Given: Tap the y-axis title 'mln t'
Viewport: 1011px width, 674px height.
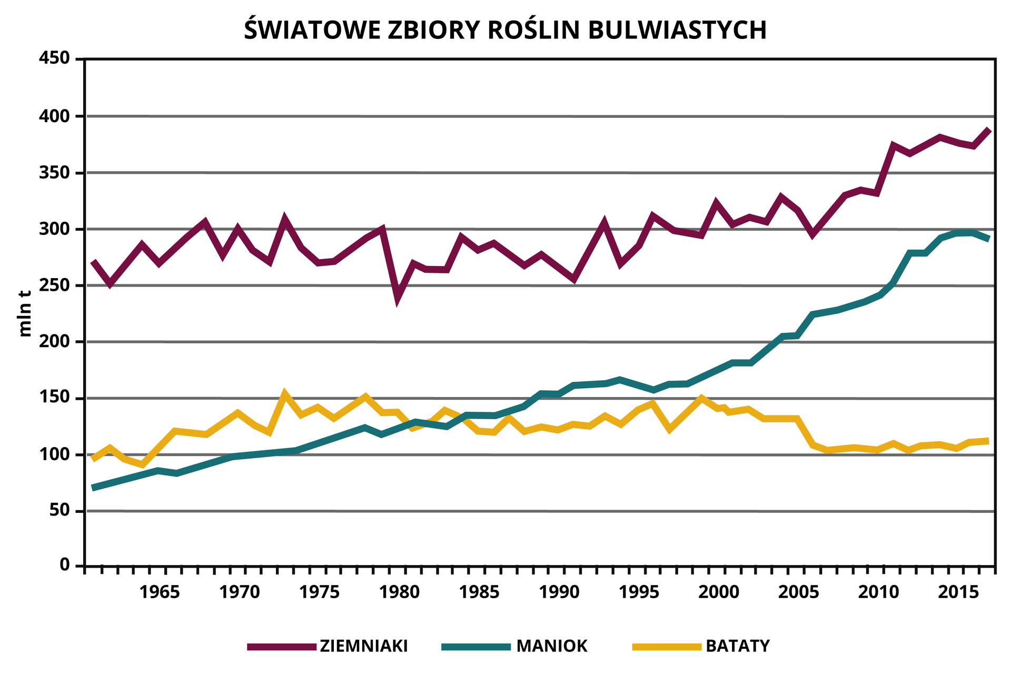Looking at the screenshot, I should (x=25, y=314).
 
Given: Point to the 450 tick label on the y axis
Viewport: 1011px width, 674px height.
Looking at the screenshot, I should (x=55, y=58).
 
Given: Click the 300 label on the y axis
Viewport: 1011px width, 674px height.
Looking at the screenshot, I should (x=55, y=229).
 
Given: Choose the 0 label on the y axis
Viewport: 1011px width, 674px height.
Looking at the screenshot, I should (x=65, y=566).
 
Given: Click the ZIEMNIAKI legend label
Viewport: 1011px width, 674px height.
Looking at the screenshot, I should (x=363, y=646).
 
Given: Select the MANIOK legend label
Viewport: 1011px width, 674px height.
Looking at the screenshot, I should (x=552, y=646).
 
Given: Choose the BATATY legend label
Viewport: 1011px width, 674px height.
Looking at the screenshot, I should (x=738, y=646).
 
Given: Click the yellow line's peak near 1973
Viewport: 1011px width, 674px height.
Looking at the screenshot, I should (x=284, y=393).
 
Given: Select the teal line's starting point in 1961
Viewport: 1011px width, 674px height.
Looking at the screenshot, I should (x=93, y=488).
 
